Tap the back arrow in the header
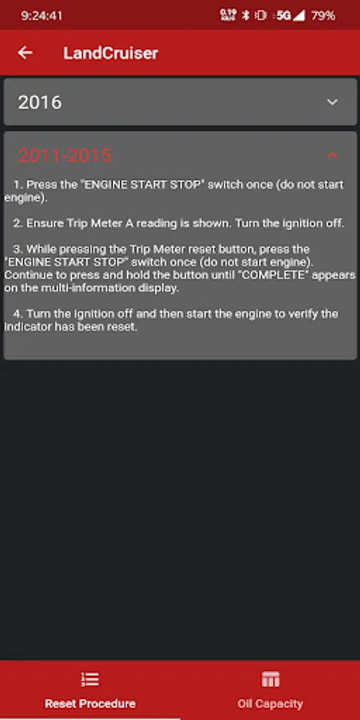coord(25,53)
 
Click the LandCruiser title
coord(110,54)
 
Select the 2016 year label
coord(39,102)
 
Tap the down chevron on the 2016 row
coord(333,102)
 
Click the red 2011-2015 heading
coord(65,156)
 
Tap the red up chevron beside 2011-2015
coord(333,155)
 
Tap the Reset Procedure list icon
coord(90,679)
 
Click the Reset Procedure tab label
coord(90,703)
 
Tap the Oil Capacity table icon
coord(270,679)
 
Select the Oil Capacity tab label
coord(270,703)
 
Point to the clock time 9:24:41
coord(42,16)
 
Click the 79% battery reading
coord(323,16)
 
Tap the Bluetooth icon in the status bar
coord(246,16)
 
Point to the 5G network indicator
coord(284,16)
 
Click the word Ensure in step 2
coord(42,223)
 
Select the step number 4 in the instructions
coord(18,314)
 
